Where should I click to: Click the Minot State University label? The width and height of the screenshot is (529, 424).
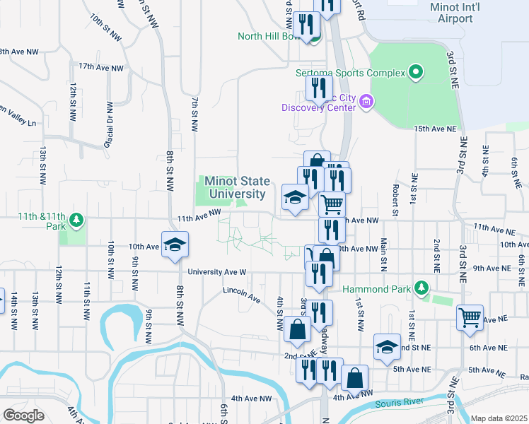coord(235,187)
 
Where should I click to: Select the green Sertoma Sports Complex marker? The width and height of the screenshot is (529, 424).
coord(417,72)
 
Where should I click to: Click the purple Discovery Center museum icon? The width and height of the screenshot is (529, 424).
coord(366,102)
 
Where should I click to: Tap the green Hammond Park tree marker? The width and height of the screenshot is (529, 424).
coord(422,288)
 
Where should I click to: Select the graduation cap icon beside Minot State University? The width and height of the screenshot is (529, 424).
coord(294,197)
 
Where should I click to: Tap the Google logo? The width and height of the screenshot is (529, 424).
coord(23,415)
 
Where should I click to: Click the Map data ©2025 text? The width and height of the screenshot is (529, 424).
coord(499,418)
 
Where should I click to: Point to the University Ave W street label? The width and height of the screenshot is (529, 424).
coord(216,271)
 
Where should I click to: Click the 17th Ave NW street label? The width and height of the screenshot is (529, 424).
coord(101,67)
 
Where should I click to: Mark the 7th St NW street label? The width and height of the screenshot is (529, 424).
coord(193,114)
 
